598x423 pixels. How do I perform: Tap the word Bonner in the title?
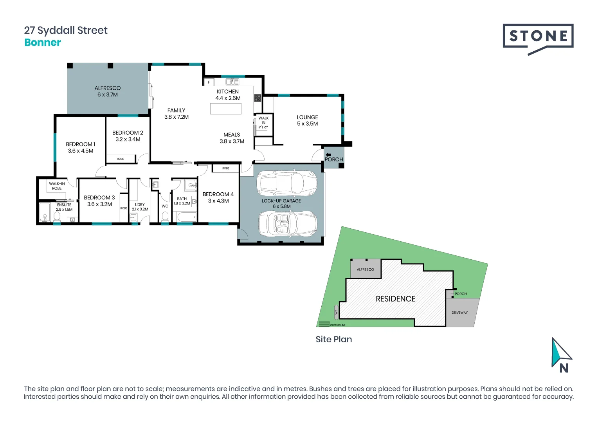pos(43,43)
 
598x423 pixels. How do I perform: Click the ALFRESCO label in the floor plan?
pos(108,88)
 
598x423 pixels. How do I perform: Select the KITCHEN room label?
pos(228,91)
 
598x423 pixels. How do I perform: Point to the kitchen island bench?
pos(226,109)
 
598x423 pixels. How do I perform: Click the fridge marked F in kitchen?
pos(209,82)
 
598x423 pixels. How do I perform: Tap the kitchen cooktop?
pos(258,98)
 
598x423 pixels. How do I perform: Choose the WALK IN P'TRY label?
pos(263,122)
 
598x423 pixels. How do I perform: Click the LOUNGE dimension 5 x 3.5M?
pos(307,124)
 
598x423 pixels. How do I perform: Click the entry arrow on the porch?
pos(328,155)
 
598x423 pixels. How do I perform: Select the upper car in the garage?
pos(286,183)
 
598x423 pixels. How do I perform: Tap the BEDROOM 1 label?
pos(81,144)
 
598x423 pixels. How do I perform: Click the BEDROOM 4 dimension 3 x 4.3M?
pos(218,201)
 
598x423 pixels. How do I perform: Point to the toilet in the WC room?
pos(165,217)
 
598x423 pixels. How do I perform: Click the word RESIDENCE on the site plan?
pos(395,299)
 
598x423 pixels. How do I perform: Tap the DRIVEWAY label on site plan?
pos(459,313)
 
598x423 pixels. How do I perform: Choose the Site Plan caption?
pos(334,340)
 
